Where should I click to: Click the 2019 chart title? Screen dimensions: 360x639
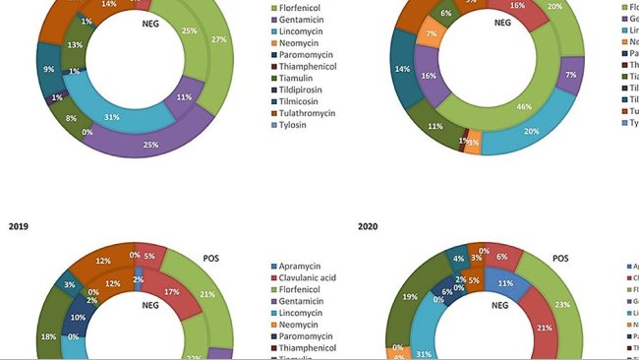pos(18,226)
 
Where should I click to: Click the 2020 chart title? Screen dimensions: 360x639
pos(368,226)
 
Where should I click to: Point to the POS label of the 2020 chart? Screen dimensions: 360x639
pos(560,259)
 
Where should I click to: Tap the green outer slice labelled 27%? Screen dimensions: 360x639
pos(219,40)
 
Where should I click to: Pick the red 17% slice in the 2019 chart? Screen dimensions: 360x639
pos(172,292)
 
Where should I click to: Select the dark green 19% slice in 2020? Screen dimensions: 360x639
pos(410,296)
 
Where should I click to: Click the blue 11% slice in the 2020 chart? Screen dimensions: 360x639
pos(505,282)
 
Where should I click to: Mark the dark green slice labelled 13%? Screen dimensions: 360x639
pos(75,45)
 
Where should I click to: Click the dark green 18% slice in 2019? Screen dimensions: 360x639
pos(47,335)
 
